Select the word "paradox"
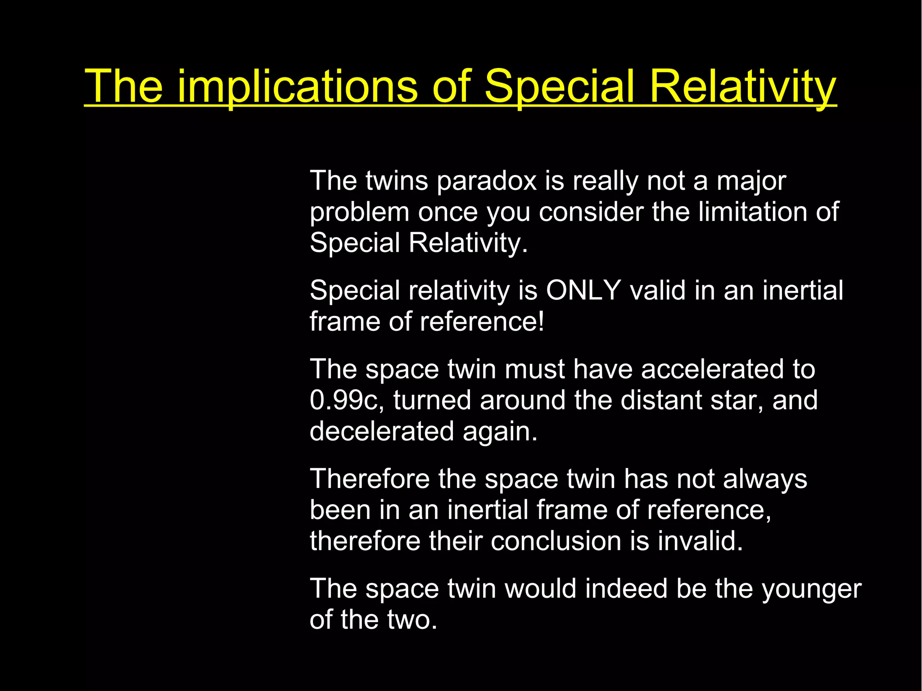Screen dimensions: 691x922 487,181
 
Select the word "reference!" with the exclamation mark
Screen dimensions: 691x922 482,322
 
